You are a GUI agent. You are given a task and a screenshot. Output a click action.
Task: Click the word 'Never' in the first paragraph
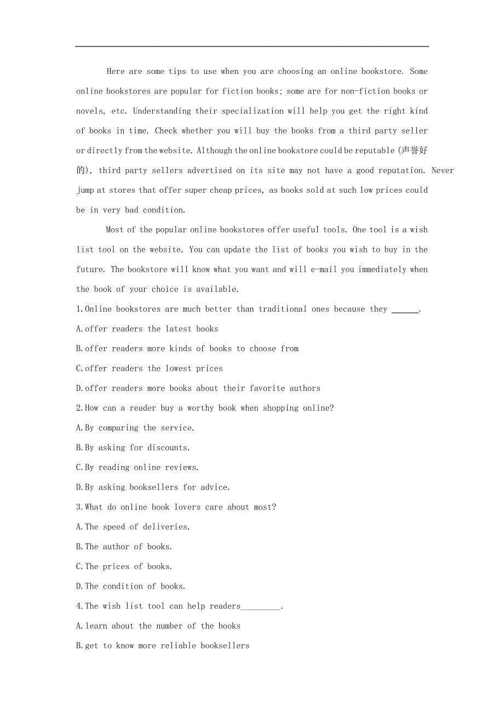443,170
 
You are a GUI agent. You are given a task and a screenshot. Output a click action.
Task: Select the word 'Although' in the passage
214,151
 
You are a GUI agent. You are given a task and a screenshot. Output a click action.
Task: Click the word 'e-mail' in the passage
322,269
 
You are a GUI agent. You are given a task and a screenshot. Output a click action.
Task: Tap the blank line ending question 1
405,309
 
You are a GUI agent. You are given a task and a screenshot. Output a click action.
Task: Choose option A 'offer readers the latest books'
147,329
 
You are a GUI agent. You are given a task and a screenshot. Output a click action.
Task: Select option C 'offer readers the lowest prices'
149,369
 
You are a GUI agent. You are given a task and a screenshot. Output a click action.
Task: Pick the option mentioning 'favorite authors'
198,388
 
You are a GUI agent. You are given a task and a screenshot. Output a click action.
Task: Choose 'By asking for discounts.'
133,447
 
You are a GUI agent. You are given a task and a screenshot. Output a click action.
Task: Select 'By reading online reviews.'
137,467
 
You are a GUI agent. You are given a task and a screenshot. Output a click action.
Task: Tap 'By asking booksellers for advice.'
153,487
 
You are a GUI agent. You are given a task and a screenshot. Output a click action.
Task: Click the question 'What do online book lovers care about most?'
176,507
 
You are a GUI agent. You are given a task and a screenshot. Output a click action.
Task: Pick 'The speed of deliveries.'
133,527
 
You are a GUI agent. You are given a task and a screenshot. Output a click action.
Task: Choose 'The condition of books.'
130,586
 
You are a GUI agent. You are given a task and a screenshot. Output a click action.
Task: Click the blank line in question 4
261,607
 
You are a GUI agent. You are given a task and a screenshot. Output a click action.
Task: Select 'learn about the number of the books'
158,626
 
